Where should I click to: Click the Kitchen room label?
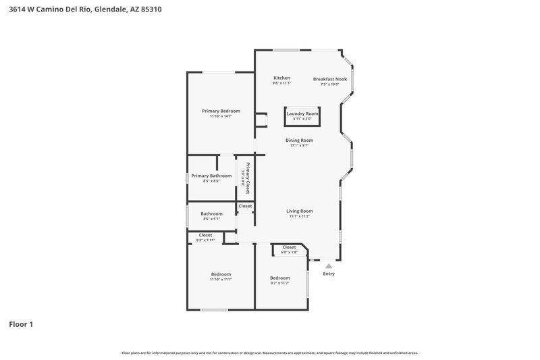281,78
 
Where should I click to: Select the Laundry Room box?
302,115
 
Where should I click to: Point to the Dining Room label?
299,140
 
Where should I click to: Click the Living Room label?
299,211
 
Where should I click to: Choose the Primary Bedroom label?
221,111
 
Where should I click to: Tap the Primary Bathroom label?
211,176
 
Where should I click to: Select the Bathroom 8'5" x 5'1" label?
211,214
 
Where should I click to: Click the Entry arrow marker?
329,266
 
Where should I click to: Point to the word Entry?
329,274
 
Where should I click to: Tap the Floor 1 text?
20,324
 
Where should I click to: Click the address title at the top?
84,10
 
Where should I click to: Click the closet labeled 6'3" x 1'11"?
205,237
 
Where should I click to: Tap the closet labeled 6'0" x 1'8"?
289,249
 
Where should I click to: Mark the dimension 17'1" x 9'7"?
299,145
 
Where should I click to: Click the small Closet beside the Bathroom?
245,206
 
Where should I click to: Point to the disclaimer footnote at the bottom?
269,353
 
